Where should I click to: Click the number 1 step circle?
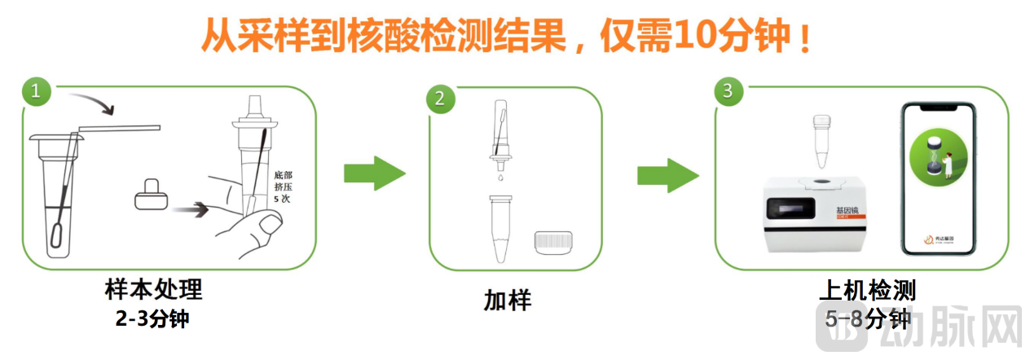(x=35, y=90)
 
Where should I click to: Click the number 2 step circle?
(x=440, y=99)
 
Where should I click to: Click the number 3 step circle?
(x=728, y=90)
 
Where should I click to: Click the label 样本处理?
(x=153, y=289)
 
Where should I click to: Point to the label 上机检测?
(x=867, y=289)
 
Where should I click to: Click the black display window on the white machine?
(x=795, y=211)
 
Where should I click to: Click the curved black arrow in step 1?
(x=93, y=103)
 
